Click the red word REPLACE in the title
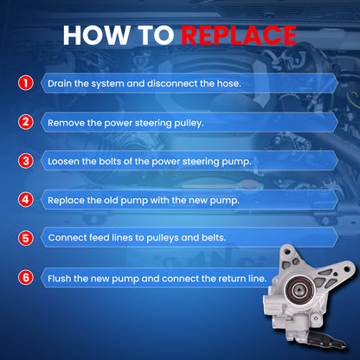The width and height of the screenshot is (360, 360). click(x=239, y=35)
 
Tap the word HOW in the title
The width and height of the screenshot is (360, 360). click(x=96, y=35)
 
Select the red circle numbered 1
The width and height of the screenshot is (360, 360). click(x=26, y=83)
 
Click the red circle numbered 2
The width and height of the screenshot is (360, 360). click(x=26, y=122)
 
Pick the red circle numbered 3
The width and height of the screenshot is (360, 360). click(x=26, y=161)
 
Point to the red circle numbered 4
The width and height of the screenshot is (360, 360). click(x=26, y=200)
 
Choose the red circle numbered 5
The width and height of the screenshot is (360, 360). click(x=26, y=238)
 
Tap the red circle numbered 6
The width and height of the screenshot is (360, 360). click(x=26, y=278)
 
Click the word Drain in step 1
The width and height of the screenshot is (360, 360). click(x=60, y=84)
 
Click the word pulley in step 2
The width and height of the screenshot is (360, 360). click(x=189, y=124)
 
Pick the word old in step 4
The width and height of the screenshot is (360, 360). click(x=111, y=200)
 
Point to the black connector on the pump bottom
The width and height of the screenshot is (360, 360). click(x=329, y=339)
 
